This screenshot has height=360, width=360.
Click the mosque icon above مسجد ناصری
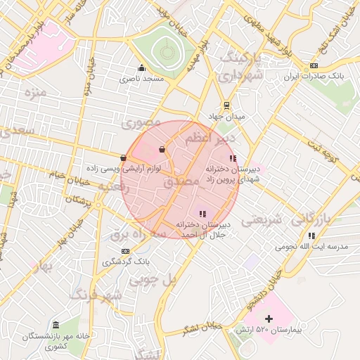[142, 68]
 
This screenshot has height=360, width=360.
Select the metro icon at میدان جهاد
[225, 105]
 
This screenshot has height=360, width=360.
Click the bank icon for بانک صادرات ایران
[313, 65]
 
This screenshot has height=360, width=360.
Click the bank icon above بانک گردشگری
[125, 251]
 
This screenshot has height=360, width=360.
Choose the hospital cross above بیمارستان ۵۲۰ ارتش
[268, 319]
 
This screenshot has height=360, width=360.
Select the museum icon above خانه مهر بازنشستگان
[56, 324]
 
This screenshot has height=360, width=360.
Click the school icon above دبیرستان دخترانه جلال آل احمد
[202, 214]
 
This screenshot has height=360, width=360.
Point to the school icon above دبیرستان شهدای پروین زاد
[233, 159]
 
